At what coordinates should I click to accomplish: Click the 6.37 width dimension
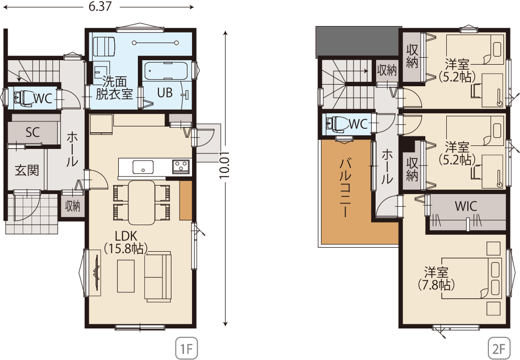click(x=100, y=7)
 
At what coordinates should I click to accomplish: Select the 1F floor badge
click(x=187, y=348)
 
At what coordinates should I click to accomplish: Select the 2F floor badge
click(x=499, y=348)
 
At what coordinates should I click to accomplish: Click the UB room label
click(x=165, y=92)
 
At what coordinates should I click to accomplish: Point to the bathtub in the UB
click(x=166, y=71)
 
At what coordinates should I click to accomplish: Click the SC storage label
click(x=33, y=132)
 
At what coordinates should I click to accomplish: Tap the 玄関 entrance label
click(x=27, y=170)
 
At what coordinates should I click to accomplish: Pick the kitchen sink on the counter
click(x=143, y=167)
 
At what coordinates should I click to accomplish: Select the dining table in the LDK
click(x=141, y=202)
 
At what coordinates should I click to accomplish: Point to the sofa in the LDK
click(x=158, y=276)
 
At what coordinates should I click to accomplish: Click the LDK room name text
click(x=126, y=236)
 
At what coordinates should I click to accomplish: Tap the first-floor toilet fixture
click(x=23, y=98)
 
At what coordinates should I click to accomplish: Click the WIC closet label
click(x=466, y=206)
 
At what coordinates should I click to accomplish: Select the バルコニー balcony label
click(x=345, y=188)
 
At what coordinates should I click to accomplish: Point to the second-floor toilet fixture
click(x=335, y=124)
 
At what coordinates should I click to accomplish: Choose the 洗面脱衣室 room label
click(x=114, y=88)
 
